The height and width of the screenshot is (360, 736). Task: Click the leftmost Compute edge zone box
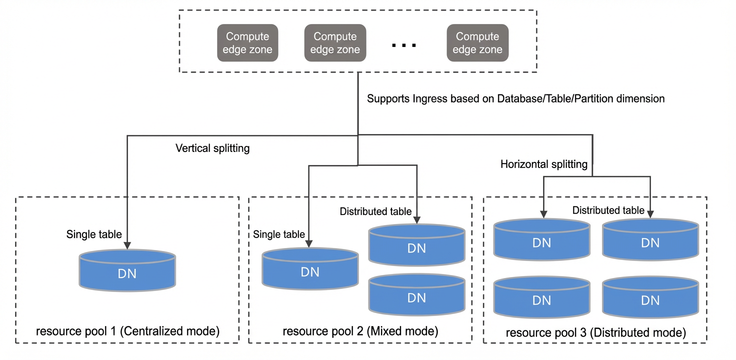pos(247,42)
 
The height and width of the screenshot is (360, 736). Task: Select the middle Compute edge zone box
pos(335,42)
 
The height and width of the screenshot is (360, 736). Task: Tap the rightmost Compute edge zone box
pos(477,42)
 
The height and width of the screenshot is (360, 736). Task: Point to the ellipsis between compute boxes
pos(404,45)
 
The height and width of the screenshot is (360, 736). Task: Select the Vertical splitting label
pos(212,148)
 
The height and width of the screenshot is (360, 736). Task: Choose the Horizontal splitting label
pos(544,164)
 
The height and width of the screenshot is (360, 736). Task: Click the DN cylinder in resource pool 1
pos(127,270)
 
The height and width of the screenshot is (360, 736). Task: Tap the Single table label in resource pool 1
pos(94,234)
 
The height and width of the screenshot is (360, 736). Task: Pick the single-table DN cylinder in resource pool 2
pos(310,268)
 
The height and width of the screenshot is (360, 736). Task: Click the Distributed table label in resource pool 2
pos(375,211)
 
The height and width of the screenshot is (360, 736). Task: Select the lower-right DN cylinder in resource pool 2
pos(416,294)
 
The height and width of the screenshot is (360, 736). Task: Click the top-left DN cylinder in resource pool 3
pos(542,239)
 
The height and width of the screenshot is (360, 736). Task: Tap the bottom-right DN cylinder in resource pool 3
pos(650,297)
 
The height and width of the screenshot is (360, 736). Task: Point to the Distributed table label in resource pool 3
pos(608,210)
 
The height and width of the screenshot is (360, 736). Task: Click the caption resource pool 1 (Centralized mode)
pos(128,331)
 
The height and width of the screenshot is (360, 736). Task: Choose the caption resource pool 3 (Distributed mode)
pos(595,332)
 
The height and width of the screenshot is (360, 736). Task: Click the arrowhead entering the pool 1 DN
pos(127,245)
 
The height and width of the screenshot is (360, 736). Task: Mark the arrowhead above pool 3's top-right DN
pos(650,214)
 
